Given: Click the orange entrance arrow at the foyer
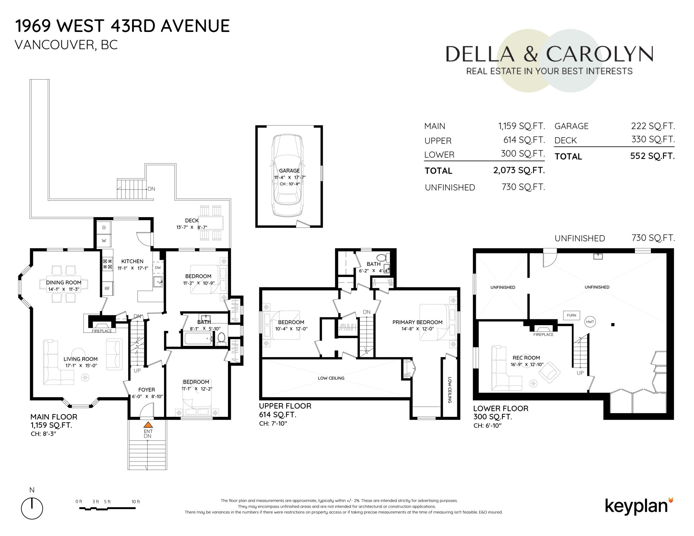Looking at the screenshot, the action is [148, 424].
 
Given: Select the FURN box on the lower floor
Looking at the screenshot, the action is [571, 315].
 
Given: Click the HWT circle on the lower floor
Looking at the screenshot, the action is [590, 322].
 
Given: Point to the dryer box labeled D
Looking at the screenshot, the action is [104, 228].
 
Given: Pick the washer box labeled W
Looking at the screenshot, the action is [104, 241].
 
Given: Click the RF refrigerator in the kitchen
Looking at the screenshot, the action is [107, 289].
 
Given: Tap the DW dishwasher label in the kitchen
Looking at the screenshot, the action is [158, 267].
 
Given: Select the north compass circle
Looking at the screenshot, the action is [32, 508].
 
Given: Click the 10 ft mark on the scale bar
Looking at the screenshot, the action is [136, 502].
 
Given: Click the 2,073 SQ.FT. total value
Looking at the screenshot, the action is [519, 170].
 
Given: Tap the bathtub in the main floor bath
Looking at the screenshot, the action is [198, 339].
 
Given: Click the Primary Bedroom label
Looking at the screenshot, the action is [417, 322].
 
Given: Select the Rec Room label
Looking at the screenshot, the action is [526, 358].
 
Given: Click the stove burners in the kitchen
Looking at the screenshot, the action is [107, 264].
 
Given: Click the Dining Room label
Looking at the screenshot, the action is [63, 282].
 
